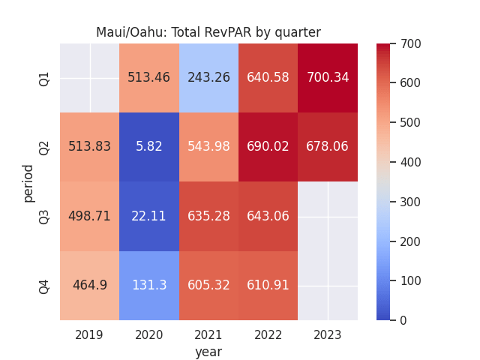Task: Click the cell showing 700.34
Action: [x=328, y=78]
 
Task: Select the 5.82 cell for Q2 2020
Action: [x=149, y=147]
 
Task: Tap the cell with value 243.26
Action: [x=208, y=78]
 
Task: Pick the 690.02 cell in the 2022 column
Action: [x=268, y=147]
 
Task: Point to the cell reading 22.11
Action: [x=149, y=216]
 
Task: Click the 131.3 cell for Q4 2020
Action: [x=149, y=286]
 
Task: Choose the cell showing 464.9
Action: [x=90, y=286]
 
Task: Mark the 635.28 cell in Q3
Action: [x=208, y=216]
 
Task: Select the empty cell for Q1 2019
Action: [x=90, y=78]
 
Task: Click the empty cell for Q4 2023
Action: [x=328, y=286]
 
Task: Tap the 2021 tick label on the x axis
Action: [x=208, y=334]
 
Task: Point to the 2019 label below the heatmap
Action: [x=90, y=334]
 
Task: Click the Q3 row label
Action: [x=44, y=217]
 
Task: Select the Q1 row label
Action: [x=44, y=78]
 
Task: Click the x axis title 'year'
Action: [x=208, y=351]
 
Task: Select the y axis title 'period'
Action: [x=28, y=182]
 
